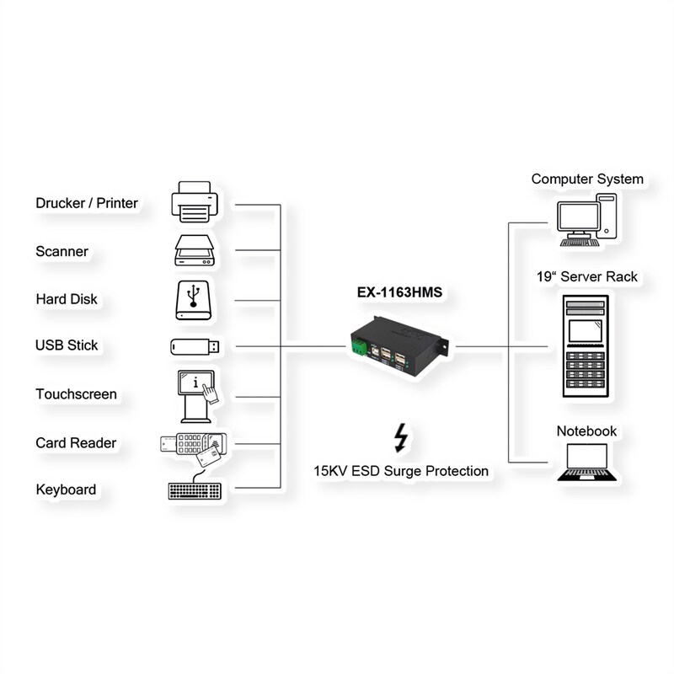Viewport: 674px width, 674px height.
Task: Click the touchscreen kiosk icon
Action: (197, 395)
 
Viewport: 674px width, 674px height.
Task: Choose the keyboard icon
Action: (196, 490)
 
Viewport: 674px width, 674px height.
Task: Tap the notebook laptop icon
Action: (587, 463)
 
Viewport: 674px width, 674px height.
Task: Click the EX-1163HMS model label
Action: (399, 293)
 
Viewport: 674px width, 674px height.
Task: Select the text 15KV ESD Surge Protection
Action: (402, 471)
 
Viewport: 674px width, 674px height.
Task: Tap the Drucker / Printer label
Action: (87, 203)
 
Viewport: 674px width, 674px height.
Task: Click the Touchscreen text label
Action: (77, 394)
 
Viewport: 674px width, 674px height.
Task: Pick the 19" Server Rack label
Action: (587, 276)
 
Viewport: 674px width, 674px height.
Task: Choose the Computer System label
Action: (587, 179)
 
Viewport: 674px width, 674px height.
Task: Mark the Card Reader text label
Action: (76, 443)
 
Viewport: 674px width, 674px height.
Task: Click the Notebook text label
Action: (587, 431)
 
